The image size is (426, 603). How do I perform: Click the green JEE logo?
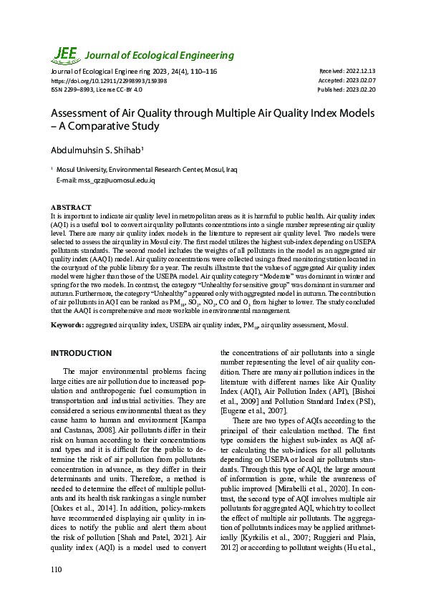click(x=65, y=54)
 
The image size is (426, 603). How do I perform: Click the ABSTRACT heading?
click(x=71, y=208)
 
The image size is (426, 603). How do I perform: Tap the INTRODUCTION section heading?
click(x=81, y=353)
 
